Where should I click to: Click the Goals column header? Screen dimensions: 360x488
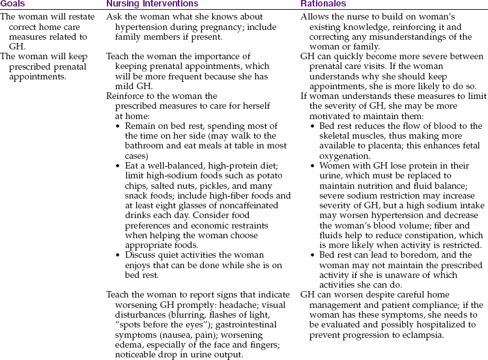(12, 4)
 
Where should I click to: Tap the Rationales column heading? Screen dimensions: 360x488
(323, 4)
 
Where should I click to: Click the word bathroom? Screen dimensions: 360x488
(136, 146)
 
